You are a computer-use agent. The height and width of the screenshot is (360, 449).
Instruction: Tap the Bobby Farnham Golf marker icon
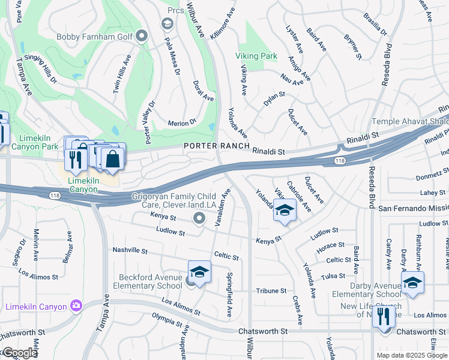[142, 37]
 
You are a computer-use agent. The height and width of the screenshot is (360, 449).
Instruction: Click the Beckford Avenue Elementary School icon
[199, 271]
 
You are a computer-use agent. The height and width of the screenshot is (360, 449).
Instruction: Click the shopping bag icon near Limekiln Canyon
[112, 159]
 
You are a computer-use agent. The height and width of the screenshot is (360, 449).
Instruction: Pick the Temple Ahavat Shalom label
[411, 122]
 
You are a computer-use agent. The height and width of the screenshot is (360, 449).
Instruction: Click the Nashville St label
[130, 250]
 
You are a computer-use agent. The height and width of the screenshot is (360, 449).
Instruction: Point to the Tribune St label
[271, 291]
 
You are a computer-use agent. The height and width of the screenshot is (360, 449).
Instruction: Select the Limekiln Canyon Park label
[30, 142]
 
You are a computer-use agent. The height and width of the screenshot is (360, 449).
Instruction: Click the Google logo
[19, 353]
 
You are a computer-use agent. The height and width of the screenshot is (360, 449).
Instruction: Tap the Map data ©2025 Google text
[412, 355]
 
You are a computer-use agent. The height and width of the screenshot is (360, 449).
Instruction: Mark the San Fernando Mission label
[414, 208]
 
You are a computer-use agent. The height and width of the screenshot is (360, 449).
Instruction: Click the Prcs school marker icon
[167, 23]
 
